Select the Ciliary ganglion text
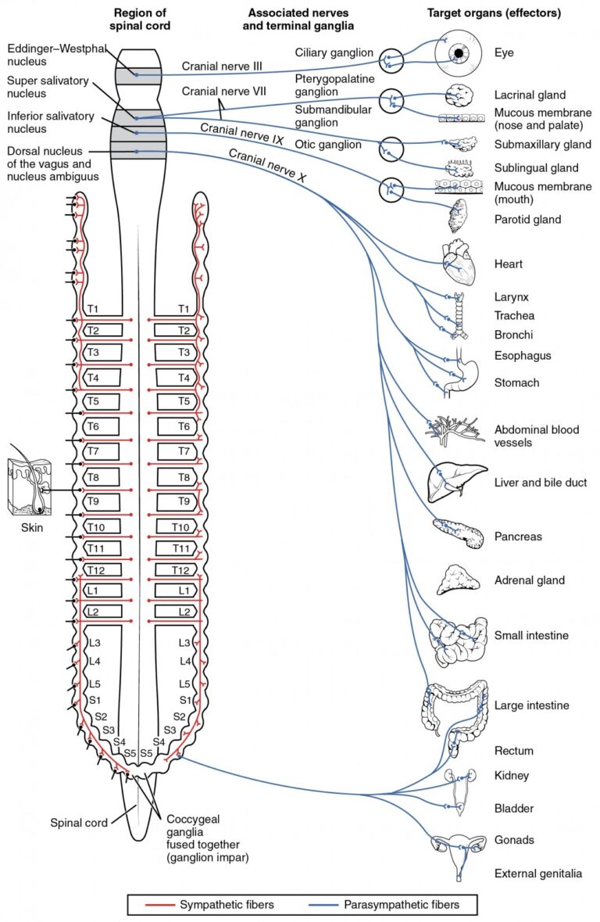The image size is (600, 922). [x=334, y=53]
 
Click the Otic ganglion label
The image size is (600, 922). [x=328, y=145]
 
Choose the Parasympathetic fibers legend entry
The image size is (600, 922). [x=400, y=905]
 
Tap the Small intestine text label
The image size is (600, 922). [x=531, y=635]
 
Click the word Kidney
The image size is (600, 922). [x=512, y=776]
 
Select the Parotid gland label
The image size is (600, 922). [x=527, y=220]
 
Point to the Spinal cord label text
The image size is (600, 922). [x=77, y=823]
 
